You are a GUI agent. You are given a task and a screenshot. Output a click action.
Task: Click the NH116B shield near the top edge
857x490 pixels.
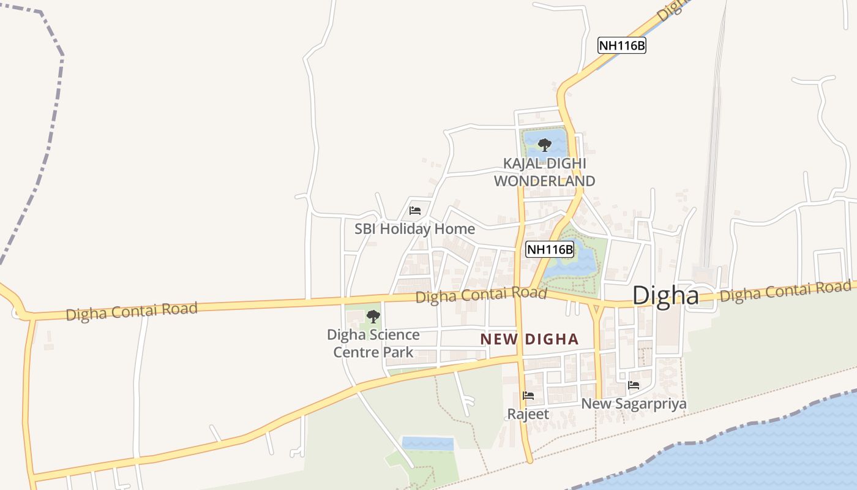click(x=622, y=45)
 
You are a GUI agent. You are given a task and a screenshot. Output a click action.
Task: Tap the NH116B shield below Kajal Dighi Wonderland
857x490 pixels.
click(x=550, y=249)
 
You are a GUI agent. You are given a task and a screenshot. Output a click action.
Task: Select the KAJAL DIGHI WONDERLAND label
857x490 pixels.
click(x=544, y=172)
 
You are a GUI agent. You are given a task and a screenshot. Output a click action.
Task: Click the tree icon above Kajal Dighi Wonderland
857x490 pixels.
click(x=544, y=145)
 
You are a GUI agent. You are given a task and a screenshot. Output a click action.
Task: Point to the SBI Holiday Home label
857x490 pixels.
click(x=415, y=229)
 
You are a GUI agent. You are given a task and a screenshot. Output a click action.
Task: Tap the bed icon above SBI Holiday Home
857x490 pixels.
click(x=415, y=211)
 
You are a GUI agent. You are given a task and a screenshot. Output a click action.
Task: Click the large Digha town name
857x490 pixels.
click(x=665, y=296)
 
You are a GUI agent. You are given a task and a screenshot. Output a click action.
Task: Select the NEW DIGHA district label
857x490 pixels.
click(x=530, y=339)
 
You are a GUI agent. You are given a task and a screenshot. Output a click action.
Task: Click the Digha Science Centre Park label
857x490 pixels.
click(x=373, y=343)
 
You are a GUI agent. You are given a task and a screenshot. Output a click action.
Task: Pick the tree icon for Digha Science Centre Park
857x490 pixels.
click(x=373, y=317)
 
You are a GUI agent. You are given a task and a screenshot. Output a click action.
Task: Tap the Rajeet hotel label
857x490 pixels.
click(x=528, y=414)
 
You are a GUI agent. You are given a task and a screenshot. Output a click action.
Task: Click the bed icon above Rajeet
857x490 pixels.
click(x=528, y=396)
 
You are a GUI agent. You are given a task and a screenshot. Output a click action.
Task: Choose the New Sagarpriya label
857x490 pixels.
click(x=634, y=404)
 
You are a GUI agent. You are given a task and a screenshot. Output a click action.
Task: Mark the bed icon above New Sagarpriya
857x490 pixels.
click(x=634, y=385)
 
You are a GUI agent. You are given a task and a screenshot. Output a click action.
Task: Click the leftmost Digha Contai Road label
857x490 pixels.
click(x=132, y=311)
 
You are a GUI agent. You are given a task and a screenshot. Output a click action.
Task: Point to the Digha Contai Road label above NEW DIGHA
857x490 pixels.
click(x=481, y=295)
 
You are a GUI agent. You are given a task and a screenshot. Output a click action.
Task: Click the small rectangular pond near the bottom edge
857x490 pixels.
click(x=427, y=443)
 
